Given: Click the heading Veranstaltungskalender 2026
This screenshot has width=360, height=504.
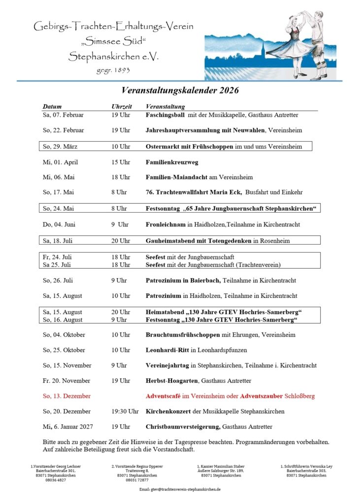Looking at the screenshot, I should pos(180,90).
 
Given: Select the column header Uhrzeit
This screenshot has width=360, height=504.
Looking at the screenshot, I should pos(121,106).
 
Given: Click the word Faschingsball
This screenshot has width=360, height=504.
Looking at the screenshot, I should pos(165,115).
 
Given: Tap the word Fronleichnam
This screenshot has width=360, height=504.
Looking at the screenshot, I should pos(164,224).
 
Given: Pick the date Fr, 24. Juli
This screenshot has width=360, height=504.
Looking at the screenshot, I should pos(56,257).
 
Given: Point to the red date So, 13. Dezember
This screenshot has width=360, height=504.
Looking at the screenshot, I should pos(66,396).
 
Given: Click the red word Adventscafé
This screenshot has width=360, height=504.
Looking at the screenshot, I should pos(164,396).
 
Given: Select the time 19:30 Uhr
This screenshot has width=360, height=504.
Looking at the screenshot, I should pos(125,411).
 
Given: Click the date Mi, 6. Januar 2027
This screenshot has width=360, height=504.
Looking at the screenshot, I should pos(67,427).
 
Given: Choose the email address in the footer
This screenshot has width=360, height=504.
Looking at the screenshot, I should pos(180,490).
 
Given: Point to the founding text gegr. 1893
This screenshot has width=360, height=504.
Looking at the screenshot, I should pos(113,70).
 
